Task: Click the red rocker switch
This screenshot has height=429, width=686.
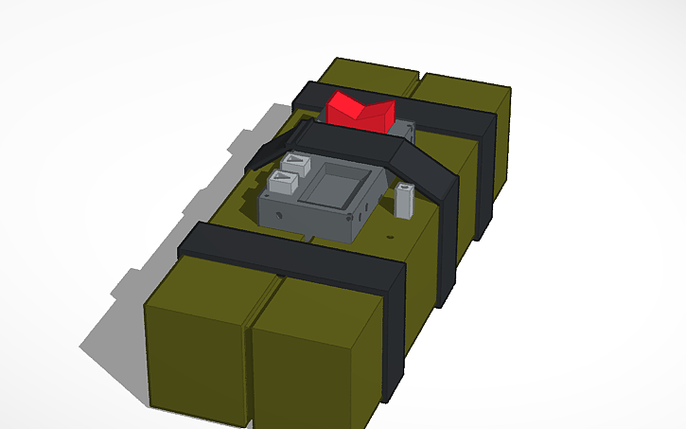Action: pyautogui.click(x=359, y=111)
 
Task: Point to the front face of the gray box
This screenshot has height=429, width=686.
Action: pyautogui.click(x=308, y=217)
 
